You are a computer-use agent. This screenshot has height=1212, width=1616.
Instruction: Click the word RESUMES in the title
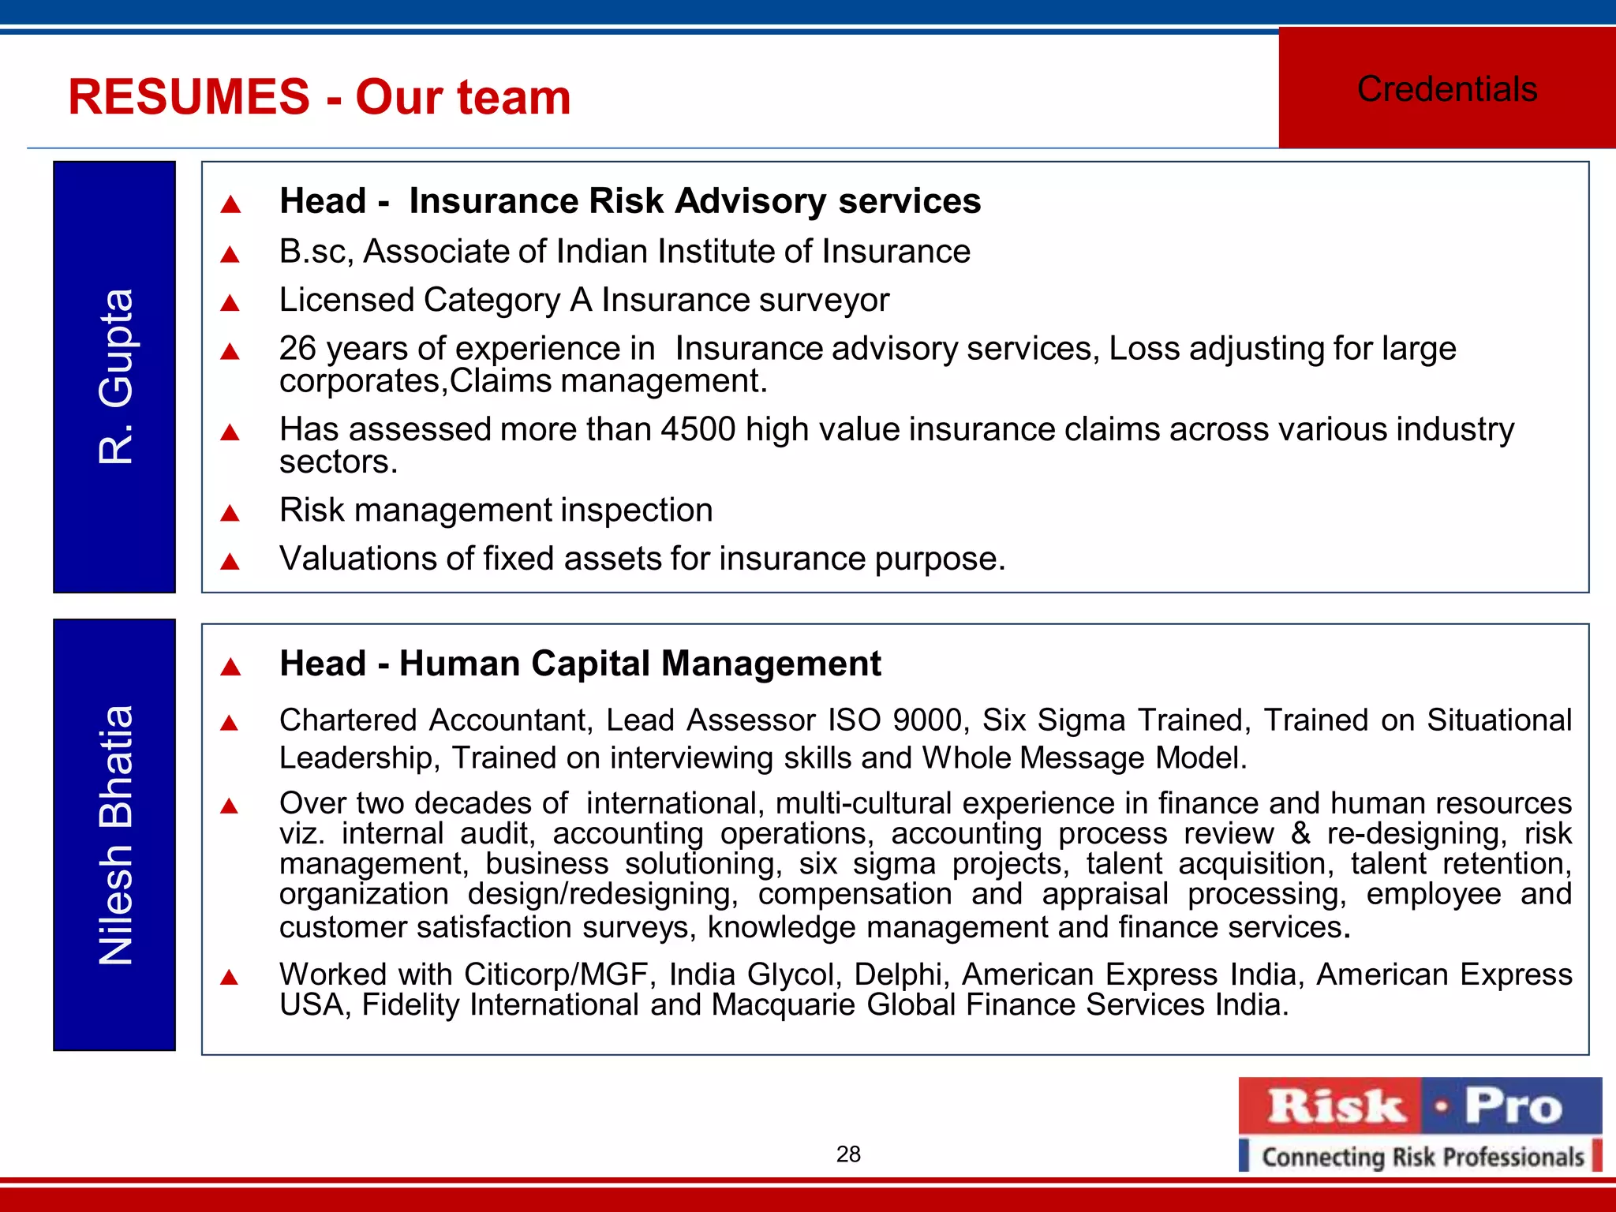pos(189,97)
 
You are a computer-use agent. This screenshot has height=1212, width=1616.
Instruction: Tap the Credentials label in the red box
pos(1446,89)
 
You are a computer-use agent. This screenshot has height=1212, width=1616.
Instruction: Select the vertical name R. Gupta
pos(115,376)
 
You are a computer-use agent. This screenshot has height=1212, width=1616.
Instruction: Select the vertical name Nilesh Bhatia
pos(115,835)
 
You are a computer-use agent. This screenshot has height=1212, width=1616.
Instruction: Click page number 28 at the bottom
pos(848,1154)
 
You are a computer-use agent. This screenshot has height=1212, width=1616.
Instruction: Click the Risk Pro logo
pos(1420,1106)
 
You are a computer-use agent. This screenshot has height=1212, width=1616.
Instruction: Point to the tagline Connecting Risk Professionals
pos(1422,1157)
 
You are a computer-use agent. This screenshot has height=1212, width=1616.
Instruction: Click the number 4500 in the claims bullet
pos(698,429)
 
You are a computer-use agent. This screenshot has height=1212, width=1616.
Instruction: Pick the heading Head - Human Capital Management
pos(580,664)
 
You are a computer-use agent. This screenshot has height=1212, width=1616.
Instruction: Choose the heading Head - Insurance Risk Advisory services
pos(630,201)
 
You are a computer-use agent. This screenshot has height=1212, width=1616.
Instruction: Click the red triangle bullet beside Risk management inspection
pos(230,514)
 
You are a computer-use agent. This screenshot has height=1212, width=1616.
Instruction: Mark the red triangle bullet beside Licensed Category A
pos(230,303)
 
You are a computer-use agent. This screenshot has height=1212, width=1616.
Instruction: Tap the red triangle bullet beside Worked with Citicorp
pos(230,978)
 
